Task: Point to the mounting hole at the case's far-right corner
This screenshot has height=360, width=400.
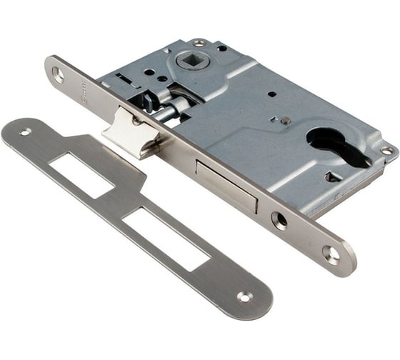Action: click(386, 151)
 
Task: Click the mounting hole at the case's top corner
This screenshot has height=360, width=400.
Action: click(199, 44)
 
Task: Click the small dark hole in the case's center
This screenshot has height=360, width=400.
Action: click(272, 94)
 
